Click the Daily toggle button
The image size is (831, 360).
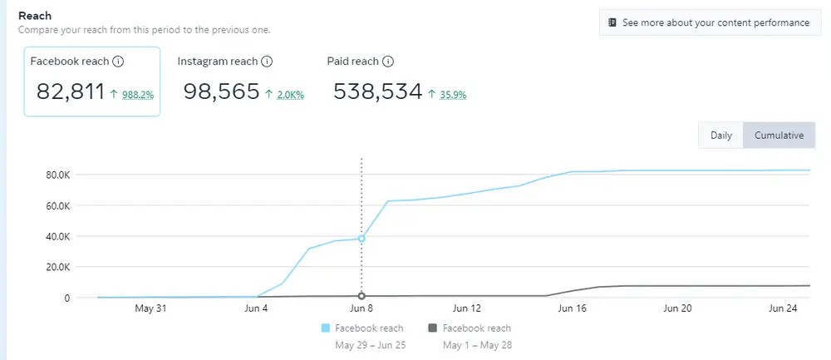(x=720, y=136)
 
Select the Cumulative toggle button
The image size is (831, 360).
(x=779, y=136)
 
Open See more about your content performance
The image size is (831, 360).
(x=707, y=23)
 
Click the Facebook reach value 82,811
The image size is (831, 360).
(x=70, y=91)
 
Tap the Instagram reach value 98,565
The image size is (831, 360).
(x=221, y=91)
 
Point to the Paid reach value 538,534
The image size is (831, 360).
(x=377, y=91)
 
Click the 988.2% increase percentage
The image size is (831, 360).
(x=137, y=95)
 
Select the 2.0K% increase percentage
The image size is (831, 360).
(x=290, y=95)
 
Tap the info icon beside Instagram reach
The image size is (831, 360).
(x=267, y=62)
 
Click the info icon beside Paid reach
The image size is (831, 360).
(x=387, y=62)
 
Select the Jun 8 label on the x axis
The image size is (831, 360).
(x=361, y=308)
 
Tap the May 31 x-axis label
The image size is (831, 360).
(x=150, y=308)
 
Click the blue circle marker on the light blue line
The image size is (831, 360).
(x=361, y=239)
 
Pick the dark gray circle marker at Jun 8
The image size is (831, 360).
(x=361, y=296)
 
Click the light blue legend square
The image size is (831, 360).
(x=325, y=328)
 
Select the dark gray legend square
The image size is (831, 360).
(x=432, y=328)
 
